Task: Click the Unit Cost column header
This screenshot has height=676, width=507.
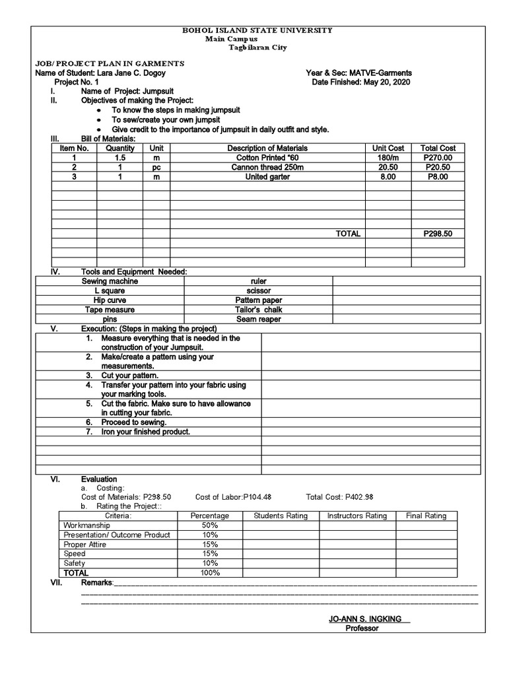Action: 388,149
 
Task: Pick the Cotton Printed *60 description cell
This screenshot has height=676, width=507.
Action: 267,158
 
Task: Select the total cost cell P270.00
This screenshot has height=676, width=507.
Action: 438,158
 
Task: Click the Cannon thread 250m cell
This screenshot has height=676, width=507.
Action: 267,168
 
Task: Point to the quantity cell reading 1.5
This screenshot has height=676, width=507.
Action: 119,158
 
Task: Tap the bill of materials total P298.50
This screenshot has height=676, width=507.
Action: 438,234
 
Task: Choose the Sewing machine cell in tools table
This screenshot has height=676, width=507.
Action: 110,281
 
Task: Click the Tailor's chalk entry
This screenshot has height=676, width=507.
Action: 258,310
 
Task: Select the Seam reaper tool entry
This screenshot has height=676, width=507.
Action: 258,319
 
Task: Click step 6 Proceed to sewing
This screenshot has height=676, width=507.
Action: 133,422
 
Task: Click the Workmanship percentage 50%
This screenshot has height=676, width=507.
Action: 209,525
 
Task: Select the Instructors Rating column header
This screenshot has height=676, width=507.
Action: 357,516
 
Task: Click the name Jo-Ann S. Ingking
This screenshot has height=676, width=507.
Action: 368,619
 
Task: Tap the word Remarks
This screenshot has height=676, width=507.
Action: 96,584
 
